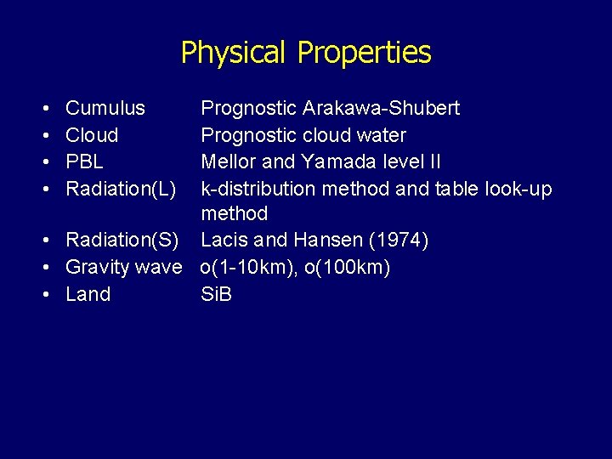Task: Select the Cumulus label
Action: (x=105, y=109)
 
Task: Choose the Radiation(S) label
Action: (x=123, y=241)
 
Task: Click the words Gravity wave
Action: (x=123, y=268)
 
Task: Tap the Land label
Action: (x=88, y=295)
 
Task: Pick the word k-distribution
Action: (x=254, y=189)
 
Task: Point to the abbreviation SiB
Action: (x=216, y=295)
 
